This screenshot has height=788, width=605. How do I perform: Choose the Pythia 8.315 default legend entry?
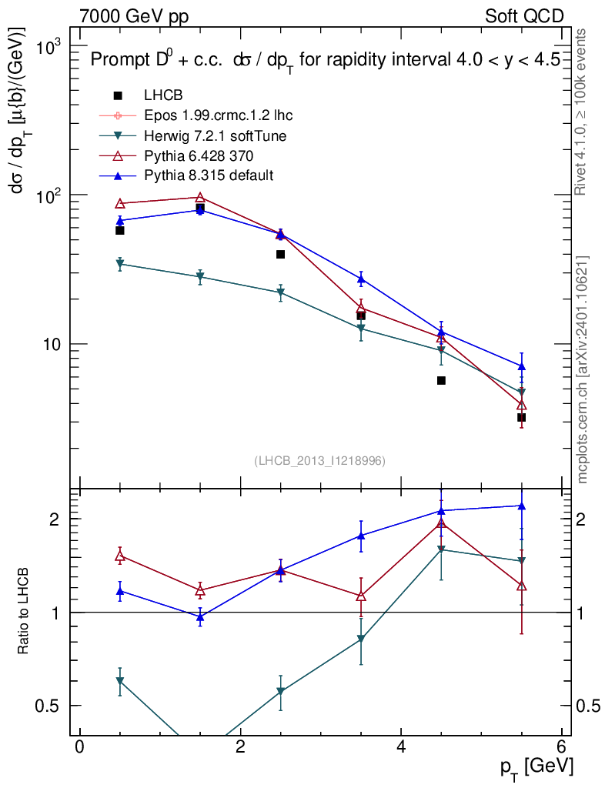pyautogui.click(x=209, y=175)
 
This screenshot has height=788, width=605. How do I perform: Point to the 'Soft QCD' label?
pyautogui.click(x=524, y=16)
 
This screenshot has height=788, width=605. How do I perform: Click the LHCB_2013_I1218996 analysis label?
pyautogui.click(x=319, y=460)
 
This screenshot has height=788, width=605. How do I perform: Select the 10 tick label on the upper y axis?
pyautogui.click(x=52, y=344)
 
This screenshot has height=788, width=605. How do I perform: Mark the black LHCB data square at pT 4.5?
pyautogui.click(x=441, y=380)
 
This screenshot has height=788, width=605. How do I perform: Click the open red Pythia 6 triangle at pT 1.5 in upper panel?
pyautogui.click(x=200, y=197)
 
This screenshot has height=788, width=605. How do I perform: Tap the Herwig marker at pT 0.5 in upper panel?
pyautogui.click(x=119, y=265)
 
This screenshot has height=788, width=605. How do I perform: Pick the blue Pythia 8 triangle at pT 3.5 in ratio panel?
pyautogui.click(x=361, y=536)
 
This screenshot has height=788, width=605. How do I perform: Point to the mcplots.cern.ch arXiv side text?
pyautogui.click(x=583, y=369)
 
